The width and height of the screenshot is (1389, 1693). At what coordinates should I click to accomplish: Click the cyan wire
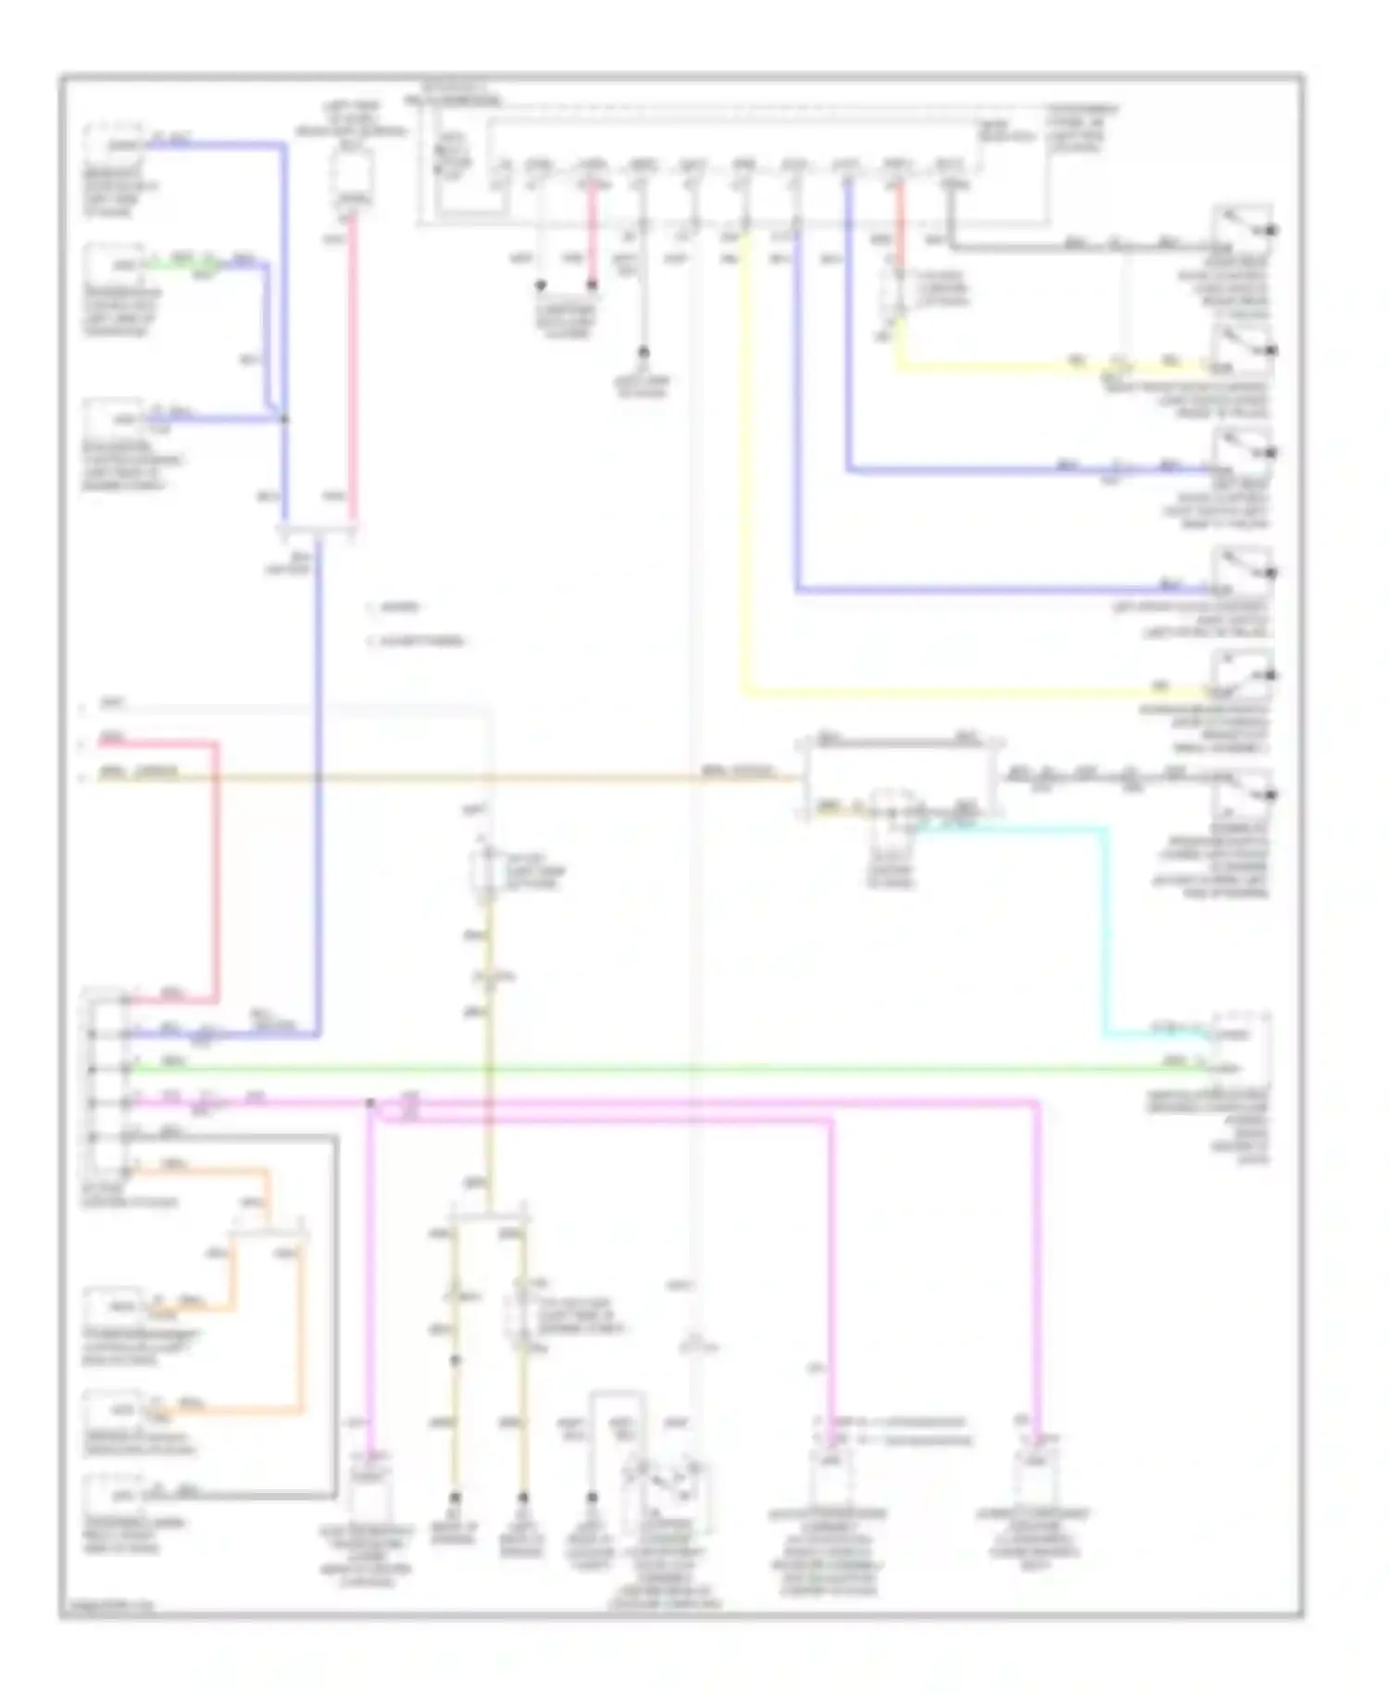pos(1104,926)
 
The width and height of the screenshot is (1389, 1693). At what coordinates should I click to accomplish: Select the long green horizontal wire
pos(648,1070)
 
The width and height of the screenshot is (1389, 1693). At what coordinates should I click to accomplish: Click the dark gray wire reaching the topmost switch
pos(1065,247)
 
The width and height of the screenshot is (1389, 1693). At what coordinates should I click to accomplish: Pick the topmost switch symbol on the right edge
pos(1244,226)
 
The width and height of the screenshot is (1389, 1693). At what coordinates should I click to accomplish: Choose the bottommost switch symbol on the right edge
pos(1244,793)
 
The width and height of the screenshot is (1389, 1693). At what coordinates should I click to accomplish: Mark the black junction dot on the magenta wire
pos(369,1103)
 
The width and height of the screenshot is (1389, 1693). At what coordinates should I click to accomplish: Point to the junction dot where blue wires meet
pos(284,419)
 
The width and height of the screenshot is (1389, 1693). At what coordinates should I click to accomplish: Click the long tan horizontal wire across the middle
pos(463,777)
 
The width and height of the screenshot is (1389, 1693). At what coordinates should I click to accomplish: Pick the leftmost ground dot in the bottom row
pos(455,1497)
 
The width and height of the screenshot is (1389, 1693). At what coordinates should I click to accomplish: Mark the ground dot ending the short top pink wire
pos(592,285)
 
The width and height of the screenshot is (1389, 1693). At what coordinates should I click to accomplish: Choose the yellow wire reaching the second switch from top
pos(1019,367)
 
